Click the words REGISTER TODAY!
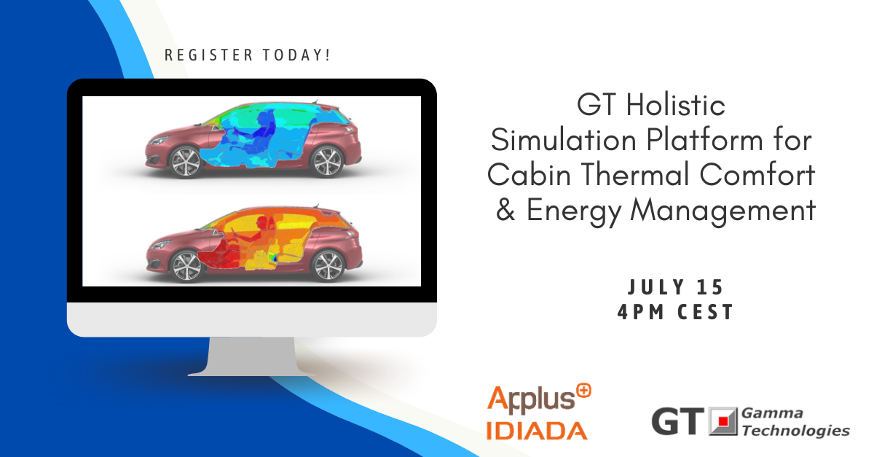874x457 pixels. coord(248,55)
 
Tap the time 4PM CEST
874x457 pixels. coord(674,312)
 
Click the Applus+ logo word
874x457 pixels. coord(530,399)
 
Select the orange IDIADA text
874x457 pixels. coord(536,429)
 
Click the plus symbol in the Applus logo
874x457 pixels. coord(583,391)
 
